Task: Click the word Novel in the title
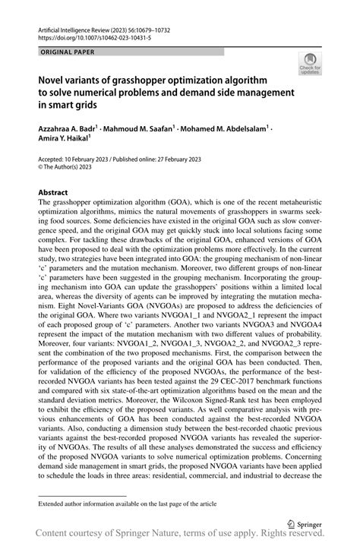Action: click(x=53, y=77)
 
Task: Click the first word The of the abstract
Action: click(x=45, y=204)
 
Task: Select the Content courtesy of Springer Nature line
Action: click(x=180, y=537)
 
